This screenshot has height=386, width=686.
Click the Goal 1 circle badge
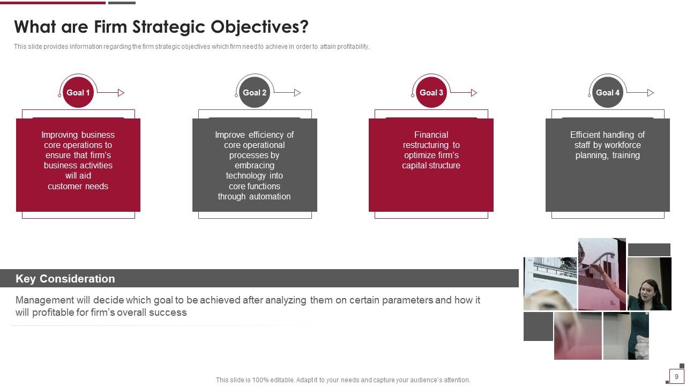pyautogui.click(x=78, y=93)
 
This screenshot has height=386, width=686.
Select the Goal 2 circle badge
pyautogui.click(x=255, y=93)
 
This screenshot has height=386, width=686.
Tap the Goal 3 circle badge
pyautogui.click(x=431, y=93)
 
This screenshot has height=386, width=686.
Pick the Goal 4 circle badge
pyautogui.click(x=608, y=93)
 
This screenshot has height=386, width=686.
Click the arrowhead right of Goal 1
pyautogui.click(x=121, y=93)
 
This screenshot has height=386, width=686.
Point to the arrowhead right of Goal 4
pyautogui.click(x=651, y=93)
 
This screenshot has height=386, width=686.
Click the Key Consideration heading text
pyautogui.click(x=65, y=279)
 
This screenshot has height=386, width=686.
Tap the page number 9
pyautogui.click(x=676, y=377)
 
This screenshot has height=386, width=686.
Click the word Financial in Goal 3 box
pyautogui.click(x=431, y=135)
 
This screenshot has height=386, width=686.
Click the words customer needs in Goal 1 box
pyautogui.click(x=78, y=186)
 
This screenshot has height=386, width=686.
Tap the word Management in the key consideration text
pyautogui.click(x=44, y=300)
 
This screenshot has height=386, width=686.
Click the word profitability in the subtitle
pyautogui.click(x=353, y=47)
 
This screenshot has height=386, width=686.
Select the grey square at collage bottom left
pyautogui.click(x=538, y=326)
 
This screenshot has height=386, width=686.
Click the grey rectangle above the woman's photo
pyautogui.click(x=649, y=250)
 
